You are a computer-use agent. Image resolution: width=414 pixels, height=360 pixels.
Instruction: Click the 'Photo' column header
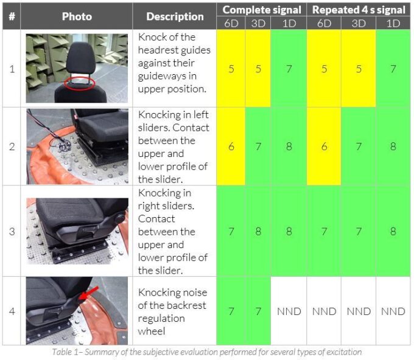click(x=77, y=16)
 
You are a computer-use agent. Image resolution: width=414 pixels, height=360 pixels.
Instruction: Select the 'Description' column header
click(x=175, y=16)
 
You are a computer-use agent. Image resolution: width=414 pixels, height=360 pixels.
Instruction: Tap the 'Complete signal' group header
click(x=262, y=10)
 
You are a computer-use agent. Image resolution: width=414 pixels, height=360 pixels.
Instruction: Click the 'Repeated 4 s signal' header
click(x=359, y=10)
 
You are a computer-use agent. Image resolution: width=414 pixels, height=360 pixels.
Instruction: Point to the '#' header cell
click(x=12, y=16)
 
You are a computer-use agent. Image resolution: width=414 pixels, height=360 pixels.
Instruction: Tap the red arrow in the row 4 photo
click(x=89, y=293)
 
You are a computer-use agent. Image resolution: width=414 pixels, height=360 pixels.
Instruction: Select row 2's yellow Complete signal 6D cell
click(x=231, y=147)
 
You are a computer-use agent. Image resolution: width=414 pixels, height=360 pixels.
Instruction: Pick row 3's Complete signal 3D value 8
click(x=258, y=231)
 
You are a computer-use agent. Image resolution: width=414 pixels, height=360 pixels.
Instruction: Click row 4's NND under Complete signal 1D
click(x=289, y=311)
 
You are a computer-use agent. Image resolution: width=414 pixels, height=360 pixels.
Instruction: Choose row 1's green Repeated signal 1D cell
click(x=393, y=69)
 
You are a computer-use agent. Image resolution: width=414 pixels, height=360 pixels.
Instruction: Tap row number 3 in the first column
click(x=12, y=231)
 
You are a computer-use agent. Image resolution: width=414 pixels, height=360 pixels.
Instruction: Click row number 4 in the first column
click(x=12, y=311)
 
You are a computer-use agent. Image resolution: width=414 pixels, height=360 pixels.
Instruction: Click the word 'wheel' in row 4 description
click(x=151, y=331)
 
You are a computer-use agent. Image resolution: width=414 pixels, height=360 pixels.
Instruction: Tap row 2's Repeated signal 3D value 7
click(x=359, y=147)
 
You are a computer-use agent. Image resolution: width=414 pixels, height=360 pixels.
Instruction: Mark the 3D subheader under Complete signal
click(x=258, y=24)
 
